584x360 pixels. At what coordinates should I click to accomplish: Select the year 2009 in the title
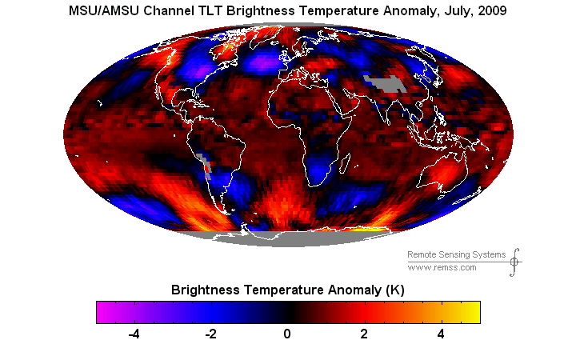(492, 10)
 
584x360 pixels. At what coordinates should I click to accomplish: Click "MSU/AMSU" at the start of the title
(104, 10)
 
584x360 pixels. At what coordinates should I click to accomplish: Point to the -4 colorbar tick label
(134, 334)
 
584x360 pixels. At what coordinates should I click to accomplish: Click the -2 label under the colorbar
(211, 334)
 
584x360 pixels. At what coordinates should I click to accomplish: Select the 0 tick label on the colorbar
(286, 334)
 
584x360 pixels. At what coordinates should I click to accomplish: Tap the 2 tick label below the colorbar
(364, 334)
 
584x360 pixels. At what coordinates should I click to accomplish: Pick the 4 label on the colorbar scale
(441, 334)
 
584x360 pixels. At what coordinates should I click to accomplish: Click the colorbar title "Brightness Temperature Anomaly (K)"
(287, 290)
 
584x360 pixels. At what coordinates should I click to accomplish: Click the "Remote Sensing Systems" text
(456, 254)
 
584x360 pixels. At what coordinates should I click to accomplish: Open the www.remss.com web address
(442, 268)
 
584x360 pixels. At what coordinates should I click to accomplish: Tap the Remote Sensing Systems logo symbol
(514, 262)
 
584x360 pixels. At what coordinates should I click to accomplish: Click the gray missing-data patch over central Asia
(385, 84)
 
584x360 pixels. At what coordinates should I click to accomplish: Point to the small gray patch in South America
(206, 166)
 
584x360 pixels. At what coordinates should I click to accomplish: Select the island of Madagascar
(346, 164)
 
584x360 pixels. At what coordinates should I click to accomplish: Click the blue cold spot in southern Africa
(319, 168)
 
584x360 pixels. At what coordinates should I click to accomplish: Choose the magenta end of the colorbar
(104, 312)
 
